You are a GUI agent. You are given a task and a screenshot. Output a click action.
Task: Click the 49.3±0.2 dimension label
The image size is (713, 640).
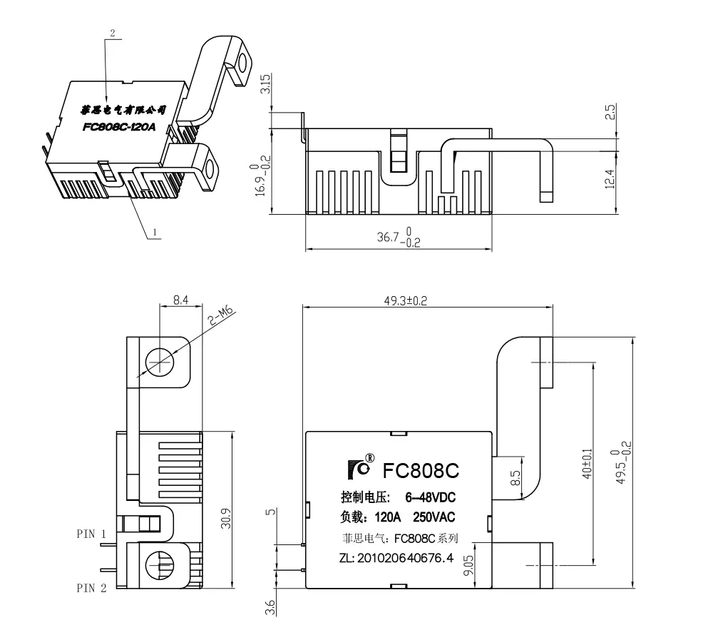point(405,301)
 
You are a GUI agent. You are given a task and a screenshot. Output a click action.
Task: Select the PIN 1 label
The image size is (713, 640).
point(92,534)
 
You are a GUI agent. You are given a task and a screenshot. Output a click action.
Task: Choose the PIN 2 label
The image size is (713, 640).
point(92,588)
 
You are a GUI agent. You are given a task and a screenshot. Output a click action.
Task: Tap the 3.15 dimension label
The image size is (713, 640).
point(265,86)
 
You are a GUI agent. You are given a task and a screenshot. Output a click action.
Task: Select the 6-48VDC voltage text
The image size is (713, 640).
point(430,497)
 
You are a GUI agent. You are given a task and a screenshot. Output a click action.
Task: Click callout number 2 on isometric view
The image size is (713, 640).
point(112,33)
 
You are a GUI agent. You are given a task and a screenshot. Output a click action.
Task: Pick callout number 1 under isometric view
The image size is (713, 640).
point(154,232)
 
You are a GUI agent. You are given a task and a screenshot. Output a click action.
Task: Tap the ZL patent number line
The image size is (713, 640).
point(396,558)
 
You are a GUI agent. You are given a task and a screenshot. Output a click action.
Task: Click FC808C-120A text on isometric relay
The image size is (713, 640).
point(119,128)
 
